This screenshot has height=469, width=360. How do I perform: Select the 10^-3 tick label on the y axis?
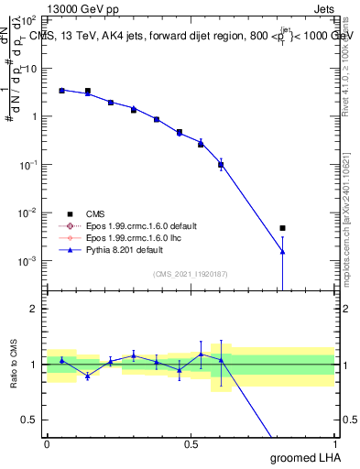28,261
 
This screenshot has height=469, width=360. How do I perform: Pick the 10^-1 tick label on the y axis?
28,165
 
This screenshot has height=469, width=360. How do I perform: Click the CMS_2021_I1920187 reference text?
191,274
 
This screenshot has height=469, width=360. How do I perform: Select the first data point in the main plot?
61,91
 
